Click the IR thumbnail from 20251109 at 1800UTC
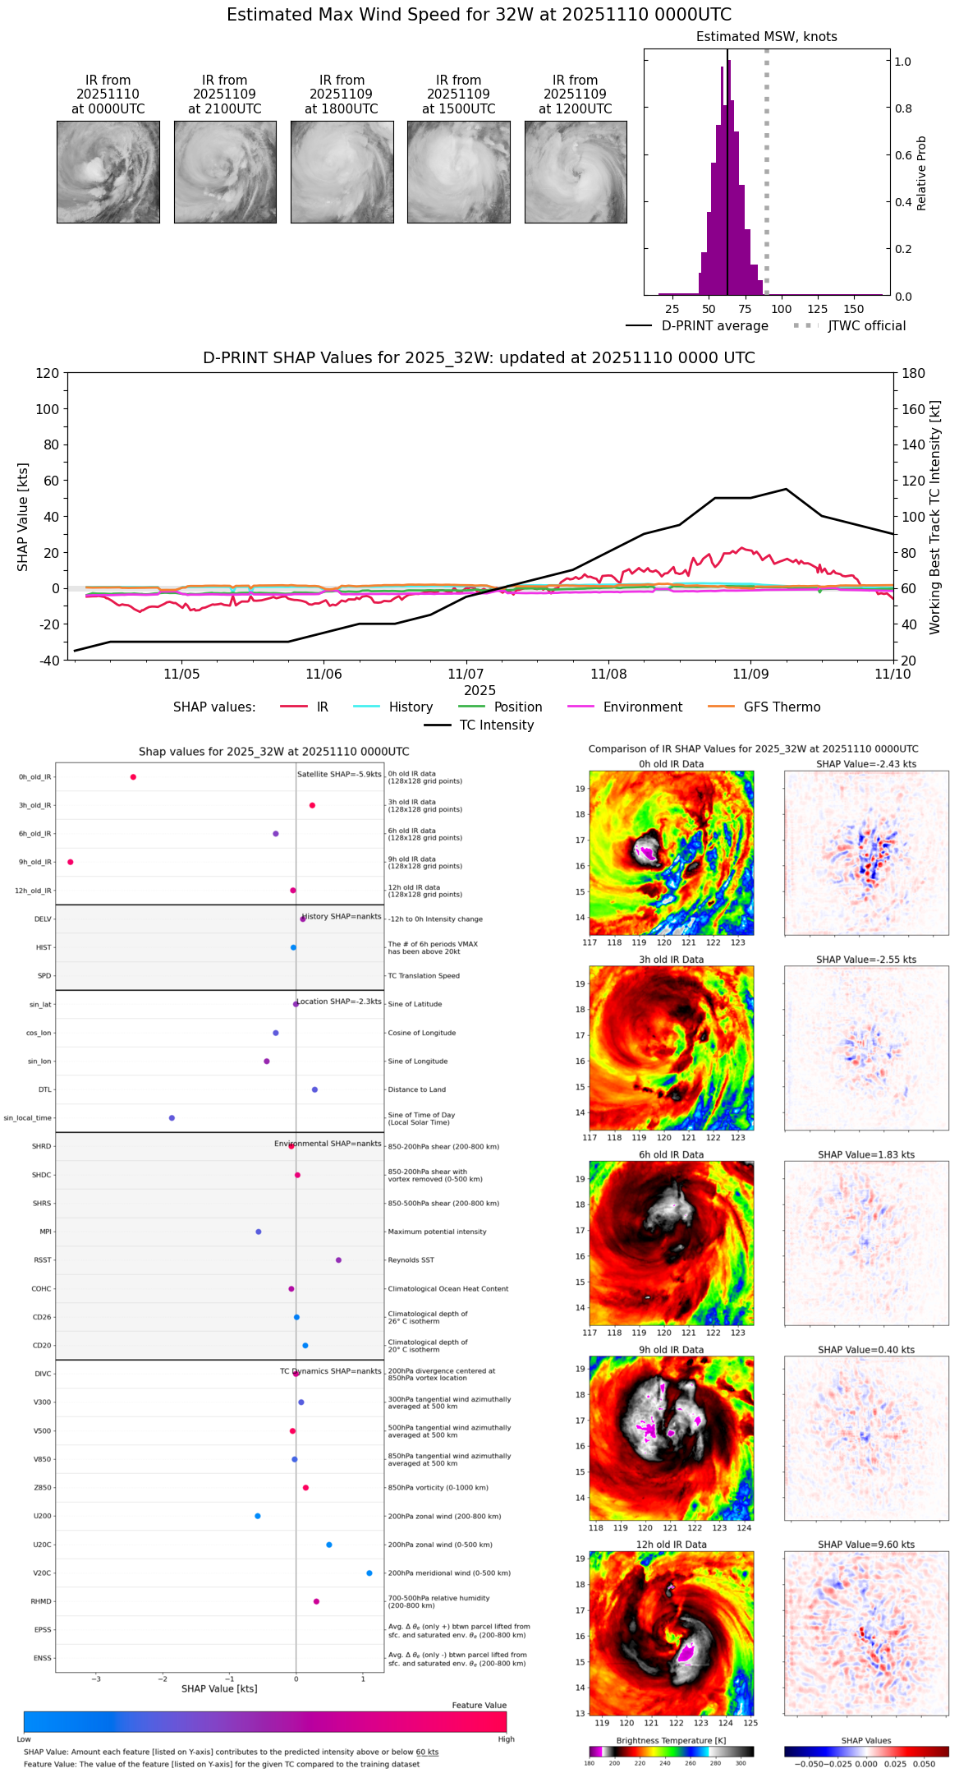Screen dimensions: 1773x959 click(x=342, y=172)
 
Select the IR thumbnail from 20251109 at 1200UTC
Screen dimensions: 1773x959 click(x=576, y=172)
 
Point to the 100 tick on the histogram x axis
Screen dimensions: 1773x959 click(x=781, y=309)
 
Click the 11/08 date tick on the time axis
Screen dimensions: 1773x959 click(x=608, y=674)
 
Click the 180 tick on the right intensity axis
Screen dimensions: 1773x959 click(x=913, y=373)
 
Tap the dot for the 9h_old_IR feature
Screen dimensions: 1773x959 click(x=71, y=862)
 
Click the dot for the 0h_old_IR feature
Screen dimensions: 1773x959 click(x=133, y=776)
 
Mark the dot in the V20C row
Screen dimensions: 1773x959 click(x=369, y=1573)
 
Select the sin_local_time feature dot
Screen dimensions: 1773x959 click(x=172, y=1117)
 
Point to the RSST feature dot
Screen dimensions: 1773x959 click(x=338, y=1260)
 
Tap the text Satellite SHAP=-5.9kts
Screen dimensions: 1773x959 click(x=339, y=774)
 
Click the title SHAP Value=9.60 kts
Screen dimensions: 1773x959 click(x=866, y=1545)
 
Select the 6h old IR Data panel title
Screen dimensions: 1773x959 click(x=671, y=1154)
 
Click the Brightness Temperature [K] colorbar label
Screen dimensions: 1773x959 click(x=671, y=1740)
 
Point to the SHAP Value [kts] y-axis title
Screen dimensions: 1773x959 click(x=23, y=516)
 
